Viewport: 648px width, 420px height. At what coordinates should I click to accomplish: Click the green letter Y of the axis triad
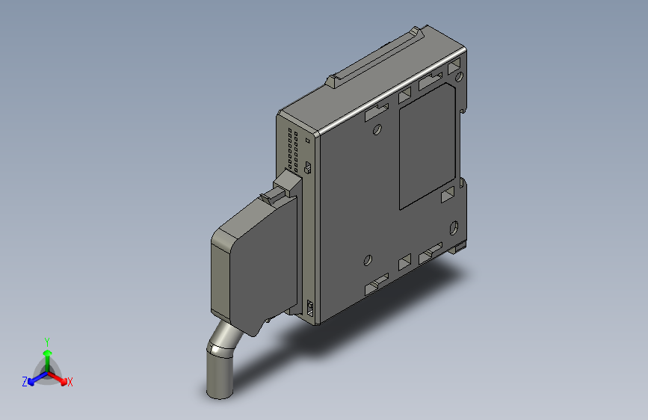pyautogui.click(x=47, y=342)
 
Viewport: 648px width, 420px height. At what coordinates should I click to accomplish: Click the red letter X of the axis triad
pyautogui.click(x=70, y=382)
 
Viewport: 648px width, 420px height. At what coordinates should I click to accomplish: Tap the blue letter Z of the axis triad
pyautogui.click(x=25, y=382)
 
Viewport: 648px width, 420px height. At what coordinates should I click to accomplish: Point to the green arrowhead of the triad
pyautogui.click(x=48, y=353)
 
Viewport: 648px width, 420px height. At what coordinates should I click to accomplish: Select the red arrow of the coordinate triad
pyautogui.click(x=58, y=378)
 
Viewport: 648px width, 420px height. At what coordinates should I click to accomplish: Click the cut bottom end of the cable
pyautogui.click(x=220, y=395)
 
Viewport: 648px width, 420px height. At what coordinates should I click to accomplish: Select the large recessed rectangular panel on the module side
pyautogui.click(x=428, y=146)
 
